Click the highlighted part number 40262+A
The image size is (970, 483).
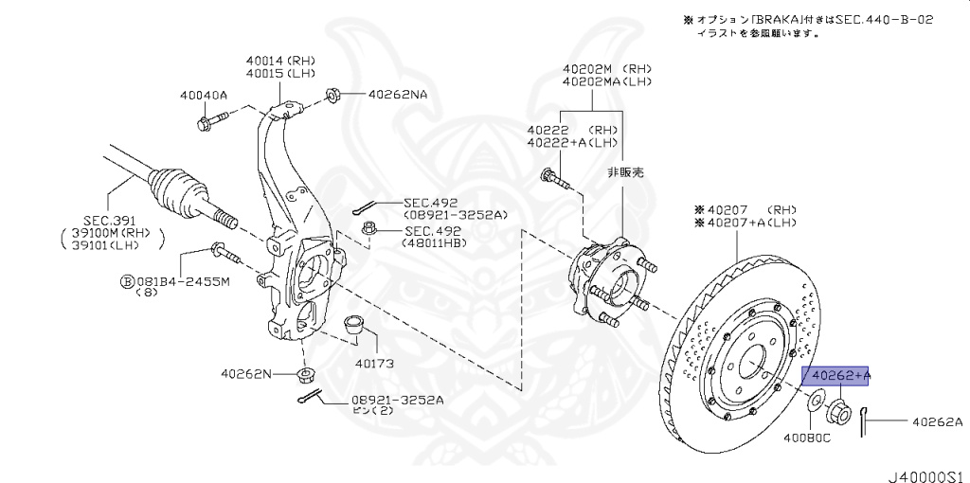[x=836, y=377]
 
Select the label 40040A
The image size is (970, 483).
[x=204, y=95]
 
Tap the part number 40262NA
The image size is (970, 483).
[x=398, y=95]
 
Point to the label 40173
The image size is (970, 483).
[x=374, y=363]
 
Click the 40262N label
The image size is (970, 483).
[x=246, y=374]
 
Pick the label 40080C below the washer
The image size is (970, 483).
[x=807, y=438]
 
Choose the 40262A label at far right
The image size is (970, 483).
[x=937, y=421]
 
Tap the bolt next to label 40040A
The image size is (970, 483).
[x=212, y=121]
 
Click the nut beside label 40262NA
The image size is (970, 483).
[x=332, y=95]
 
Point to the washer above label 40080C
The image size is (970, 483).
[x=814, y=408]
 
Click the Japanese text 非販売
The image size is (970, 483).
[x=624, y=173]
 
